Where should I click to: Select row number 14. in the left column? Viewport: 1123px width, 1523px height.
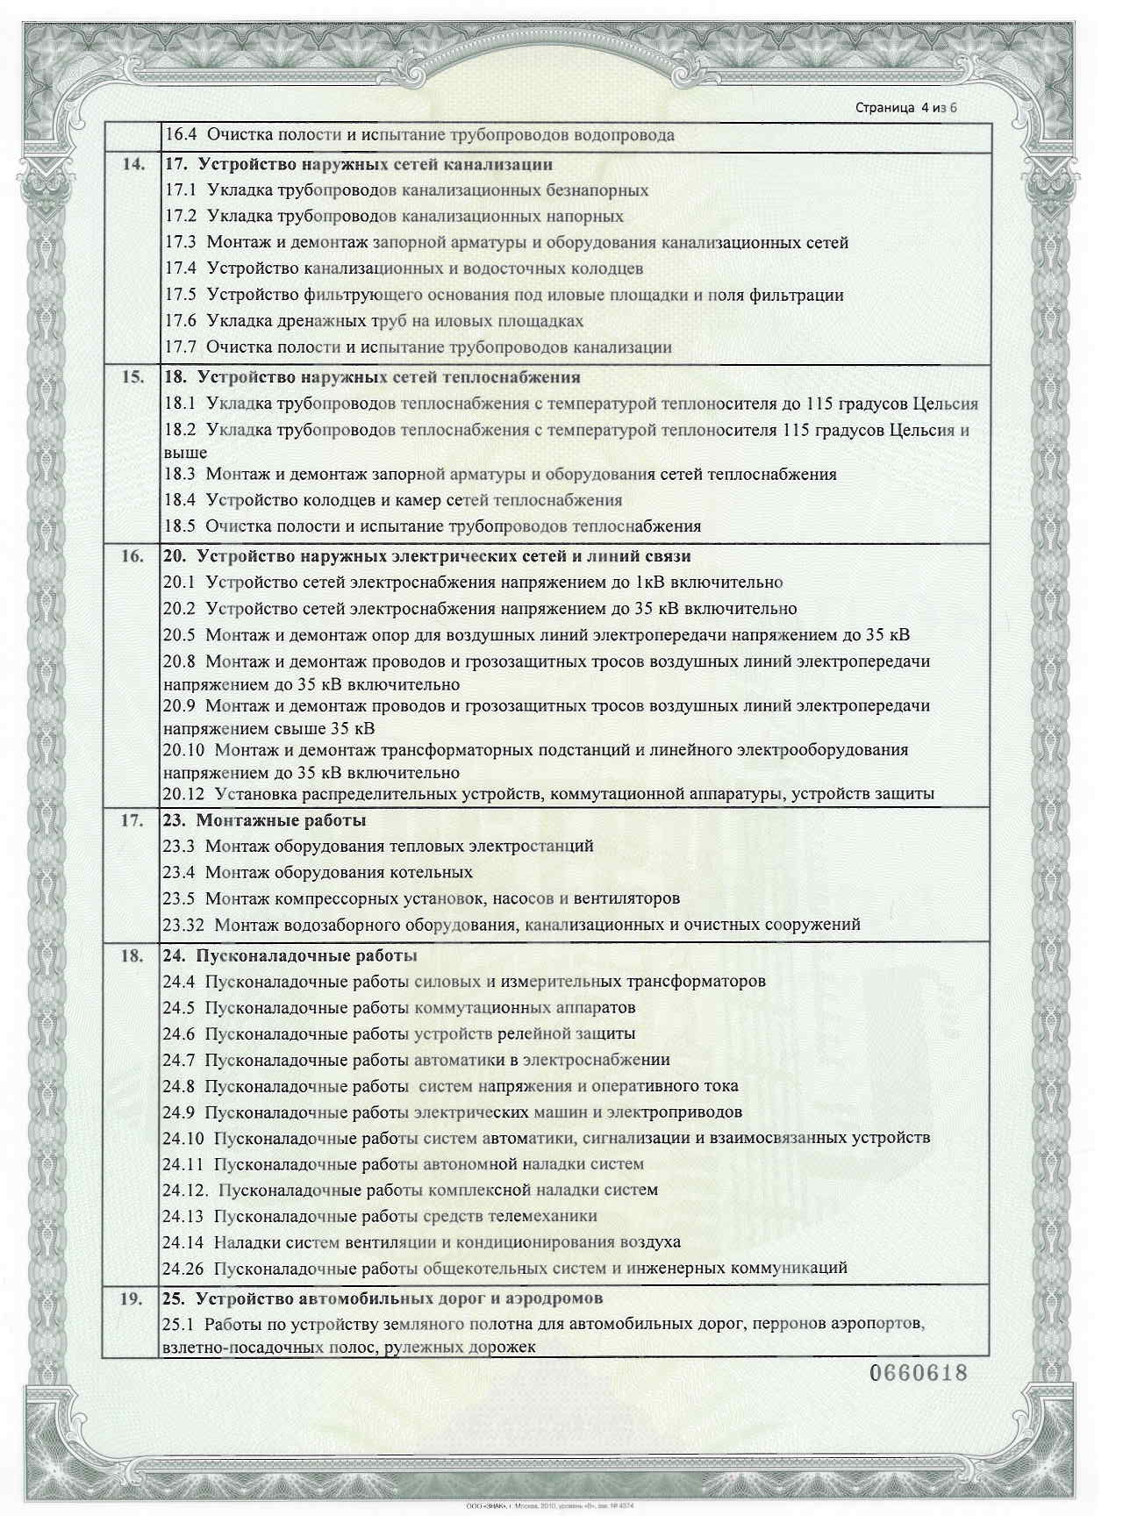coord(132,164)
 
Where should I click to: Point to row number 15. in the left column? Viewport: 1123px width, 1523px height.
coord(132,378)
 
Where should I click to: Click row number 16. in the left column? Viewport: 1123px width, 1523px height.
coord(132,557)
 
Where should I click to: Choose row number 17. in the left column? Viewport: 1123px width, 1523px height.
coord(132,821)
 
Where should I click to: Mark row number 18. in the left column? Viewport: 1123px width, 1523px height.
coord(132,956)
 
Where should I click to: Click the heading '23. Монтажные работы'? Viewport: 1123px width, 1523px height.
coord(264,821)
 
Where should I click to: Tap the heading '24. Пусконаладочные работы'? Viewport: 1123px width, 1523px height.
coord(290,956)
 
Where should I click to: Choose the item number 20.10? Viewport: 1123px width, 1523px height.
coord(185,751)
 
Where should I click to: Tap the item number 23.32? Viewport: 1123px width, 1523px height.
coord(185,925)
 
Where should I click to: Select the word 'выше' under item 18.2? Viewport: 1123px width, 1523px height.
coord(185,454)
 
